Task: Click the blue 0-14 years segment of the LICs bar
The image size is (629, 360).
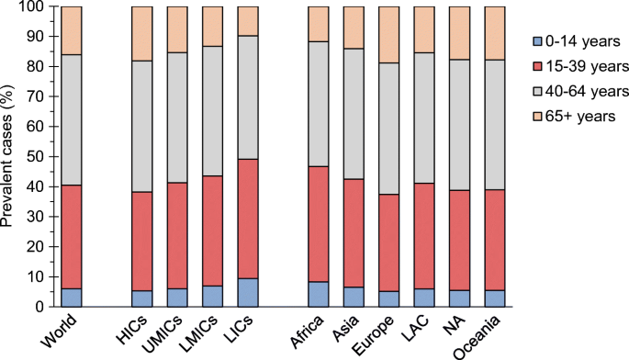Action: tap(248, 293)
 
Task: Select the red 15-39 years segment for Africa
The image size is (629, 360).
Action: tap(319, 224)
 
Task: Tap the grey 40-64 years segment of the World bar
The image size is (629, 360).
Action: tap(72, 120)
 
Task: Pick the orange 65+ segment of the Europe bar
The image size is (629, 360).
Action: tap(389, 35)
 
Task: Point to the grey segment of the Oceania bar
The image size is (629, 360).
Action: tap(495, 125)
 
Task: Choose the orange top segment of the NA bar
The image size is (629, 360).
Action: tap(460, 33)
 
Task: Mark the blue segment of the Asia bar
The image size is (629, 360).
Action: tap(354, 297)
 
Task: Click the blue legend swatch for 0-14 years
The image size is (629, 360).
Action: tap(537, 41)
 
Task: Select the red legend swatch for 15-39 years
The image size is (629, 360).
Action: tap(537, 66)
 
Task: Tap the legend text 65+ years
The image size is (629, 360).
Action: tap(580, 116)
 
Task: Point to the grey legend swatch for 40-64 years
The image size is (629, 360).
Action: tap(537, 92)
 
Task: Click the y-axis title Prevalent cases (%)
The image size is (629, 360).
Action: tap(6, 156)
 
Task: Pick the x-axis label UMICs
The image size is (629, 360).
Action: tap(163, 334)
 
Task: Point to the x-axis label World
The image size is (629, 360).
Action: tap(59, 332)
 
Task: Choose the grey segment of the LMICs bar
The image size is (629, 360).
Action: tap(213, 111)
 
